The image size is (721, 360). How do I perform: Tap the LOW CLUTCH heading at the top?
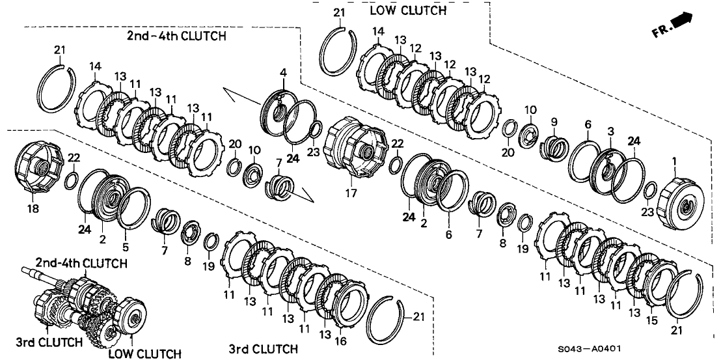click(408, 10)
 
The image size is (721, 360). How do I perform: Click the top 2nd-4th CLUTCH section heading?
click(176, 36)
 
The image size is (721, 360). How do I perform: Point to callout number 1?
click(674, 160)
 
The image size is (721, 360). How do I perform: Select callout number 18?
click(33, 209)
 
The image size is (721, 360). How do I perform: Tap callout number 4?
click(284, 70)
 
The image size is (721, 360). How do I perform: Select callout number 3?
click(610, 132)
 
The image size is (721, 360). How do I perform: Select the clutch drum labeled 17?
click(357, 147)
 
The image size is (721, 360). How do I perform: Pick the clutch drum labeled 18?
click(42, 169)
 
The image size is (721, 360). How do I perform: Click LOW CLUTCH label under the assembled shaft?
click(144, 353)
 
